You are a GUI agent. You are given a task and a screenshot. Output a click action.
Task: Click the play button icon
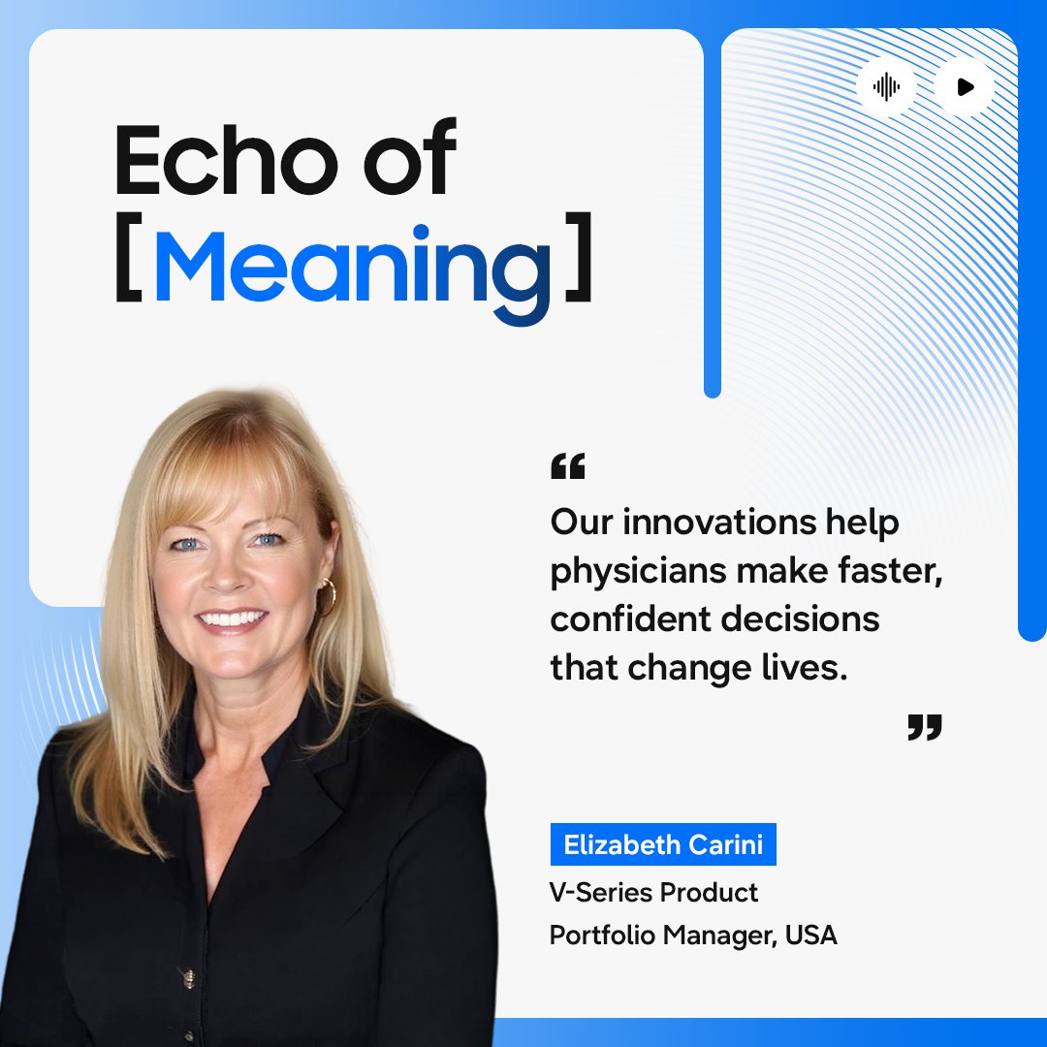965,87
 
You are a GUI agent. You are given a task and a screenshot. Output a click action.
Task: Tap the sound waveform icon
886,87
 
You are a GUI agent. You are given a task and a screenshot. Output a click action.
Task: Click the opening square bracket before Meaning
128,265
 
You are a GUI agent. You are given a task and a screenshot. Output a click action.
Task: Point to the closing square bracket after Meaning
578,265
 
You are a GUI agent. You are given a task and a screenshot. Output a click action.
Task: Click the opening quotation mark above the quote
568,467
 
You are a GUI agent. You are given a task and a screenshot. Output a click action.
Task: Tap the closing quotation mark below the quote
924,727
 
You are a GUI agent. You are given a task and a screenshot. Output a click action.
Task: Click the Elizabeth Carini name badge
663,844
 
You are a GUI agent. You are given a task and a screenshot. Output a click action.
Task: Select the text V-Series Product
653,892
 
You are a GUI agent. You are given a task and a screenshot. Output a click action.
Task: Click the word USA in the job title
811,936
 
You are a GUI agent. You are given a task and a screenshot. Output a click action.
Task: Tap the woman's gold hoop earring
327,595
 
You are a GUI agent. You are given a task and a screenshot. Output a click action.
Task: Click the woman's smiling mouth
232,619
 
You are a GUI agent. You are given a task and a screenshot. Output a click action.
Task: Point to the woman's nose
226,574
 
